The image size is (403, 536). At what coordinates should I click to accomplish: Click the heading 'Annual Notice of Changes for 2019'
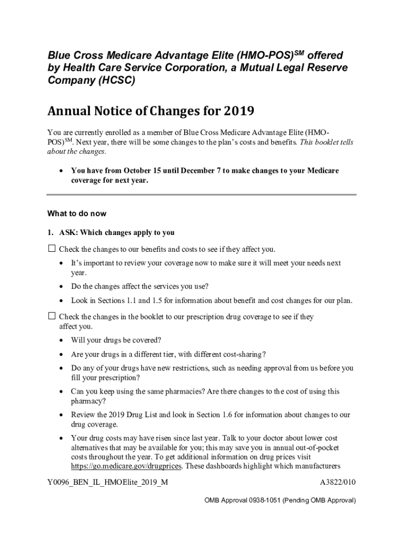click(151, 111)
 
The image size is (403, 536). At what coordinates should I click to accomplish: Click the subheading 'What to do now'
click(76, 214)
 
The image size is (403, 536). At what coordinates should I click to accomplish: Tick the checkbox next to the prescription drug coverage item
click(51, 316)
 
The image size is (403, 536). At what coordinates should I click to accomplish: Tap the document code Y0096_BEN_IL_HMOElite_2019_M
click(107, 482)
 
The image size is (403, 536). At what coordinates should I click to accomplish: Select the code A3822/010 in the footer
click(337, 482)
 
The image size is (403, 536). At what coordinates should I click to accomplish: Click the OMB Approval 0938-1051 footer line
click(280, 500)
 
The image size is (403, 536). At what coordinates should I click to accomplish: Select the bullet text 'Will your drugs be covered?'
click(116, 340)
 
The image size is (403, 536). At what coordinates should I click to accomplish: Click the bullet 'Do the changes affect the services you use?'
click(140, 286)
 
